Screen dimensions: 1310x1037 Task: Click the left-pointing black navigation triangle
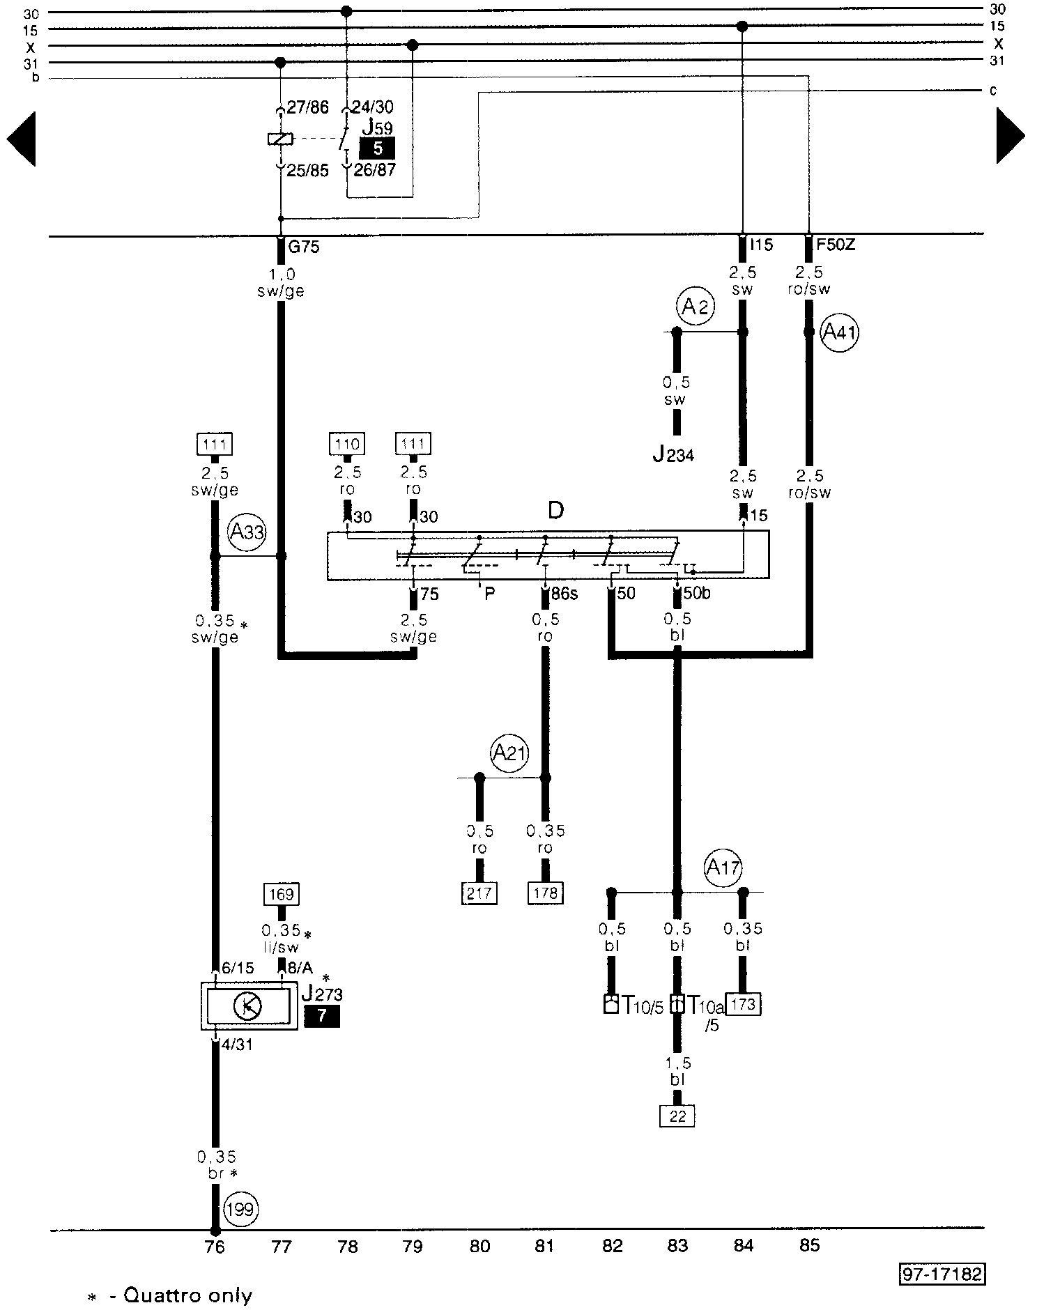(x=22, y=137)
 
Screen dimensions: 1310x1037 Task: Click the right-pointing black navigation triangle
(x=1010, y=136)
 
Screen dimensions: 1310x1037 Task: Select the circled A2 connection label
(x=694, y=307)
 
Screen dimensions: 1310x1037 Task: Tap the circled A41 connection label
(x=839, y=333)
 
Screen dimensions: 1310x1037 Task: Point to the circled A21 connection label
(x=509, y=753)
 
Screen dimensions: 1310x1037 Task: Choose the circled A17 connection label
(x=723, y=868)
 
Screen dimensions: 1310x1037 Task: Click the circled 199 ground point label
(x=240, y=1210)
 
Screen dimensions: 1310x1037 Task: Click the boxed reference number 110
(x=347, y=444)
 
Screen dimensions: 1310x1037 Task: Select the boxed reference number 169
(x=282, y=894)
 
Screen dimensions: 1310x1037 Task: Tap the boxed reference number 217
(x=479, y=893)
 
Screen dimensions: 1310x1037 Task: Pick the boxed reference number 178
(x=545, y=893)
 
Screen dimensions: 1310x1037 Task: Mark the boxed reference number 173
(x=744, y=1004)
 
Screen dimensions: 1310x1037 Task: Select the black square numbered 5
(x=377, y=148)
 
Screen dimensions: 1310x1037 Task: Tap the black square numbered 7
(x=322, y=1016)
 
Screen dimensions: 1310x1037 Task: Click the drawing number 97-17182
(x=942, y=1274)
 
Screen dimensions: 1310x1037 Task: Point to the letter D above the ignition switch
(x=555, y=511)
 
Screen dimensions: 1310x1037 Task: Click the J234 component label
(x=673, y=455)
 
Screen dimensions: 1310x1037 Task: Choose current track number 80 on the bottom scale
(x=479, y=1246)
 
